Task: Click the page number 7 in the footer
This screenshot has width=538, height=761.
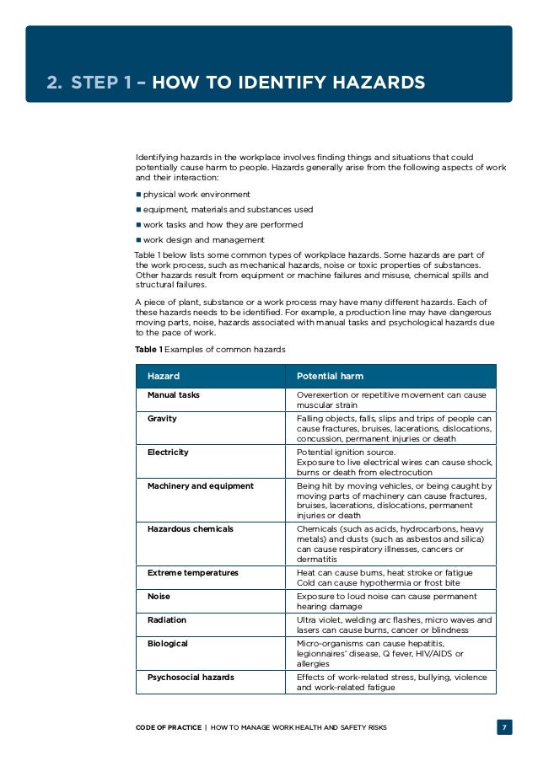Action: [x=503, y=727]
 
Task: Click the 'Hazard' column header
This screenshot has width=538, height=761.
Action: [x=164, y=376]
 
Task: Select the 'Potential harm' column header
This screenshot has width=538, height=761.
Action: [x=330, y=376]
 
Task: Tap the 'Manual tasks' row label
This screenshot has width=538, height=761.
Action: [x=174, y=394]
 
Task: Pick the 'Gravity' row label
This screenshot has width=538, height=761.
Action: [x=162, y=418]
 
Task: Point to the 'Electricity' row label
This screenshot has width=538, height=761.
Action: [x=168, y=452]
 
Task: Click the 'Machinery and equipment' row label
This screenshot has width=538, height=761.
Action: [x=200, y=485]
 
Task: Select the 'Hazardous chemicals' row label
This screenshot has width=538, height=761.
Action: [x=191, y=528]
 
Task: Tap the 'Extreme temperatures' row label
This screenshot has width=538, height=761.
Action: [x=193, y=572]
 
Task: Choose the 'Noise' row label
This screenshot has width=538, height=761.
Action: [x=159, y=596]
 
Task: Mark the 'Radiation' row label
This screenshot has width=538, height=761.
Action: [x=166, y=619]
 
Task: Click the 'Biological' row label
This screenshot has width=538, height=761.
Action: [x=168, y=643]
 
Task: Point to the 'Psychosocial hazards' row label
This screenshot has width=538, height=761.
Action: [x=191, y=677]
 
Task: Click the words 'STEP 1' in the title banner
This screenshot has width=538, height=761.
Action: [x=100, y=83]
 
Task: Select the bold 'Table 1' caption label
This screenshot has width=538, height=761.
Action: [x=148, y=349]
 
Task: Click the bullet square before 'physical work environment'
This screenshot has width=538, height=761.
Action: [x=138, y=195]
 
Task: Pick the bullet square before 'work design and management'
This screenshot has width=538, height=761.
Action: [x=138, y=240]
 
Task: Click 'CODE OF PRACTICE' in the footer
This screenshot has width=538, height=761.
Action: [x=168, y=727]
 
